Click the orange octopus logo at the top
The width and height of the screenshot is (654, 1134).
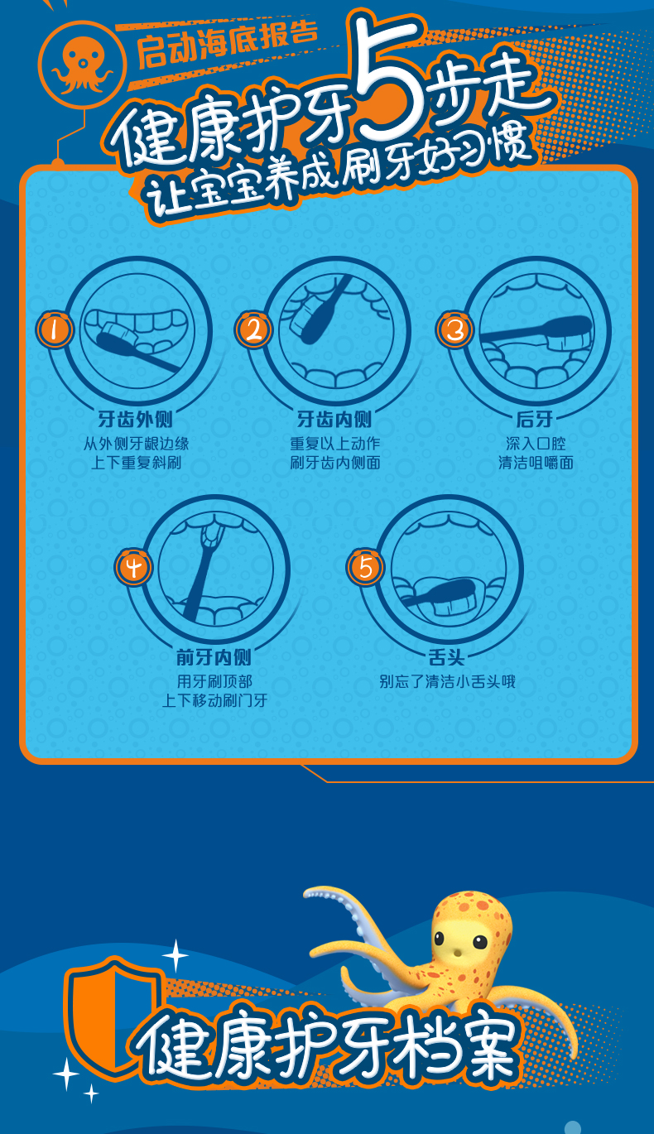coord(82,65)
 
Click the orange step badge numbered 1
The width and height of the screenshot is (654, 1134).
coord(54,329)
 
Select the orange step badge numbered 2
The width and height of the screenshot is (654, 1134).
coord(253,329)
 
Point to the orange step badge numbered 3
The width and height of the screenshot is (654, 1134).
coord(455,329)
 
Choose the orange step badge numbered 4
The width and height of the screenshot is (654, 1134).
coord(133,567)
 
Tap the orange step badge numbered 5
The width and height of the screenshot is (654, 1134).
coord(365,567)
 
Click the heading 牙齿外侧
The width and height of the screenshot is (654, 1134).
coord(135,419)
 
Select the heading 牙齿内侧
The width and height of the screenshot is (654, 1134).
coord(334,419)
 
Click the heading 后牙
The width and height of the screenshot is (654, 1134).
coord(535,419)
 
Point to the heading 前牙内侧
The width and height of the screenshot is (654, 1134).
coord(214,657)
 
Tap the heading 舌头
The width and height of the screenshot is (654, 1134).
coord(446,657)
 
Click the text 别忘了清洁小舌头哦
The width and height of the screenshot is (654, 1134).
coord(448,681)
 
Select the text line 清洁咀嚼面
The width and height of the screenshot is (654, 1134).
coord(536,462)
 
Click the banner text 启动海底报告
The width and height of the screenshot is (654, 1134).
coord(228,44)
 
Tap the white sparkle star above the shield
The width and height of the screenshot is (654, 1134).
coord(176,955)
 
